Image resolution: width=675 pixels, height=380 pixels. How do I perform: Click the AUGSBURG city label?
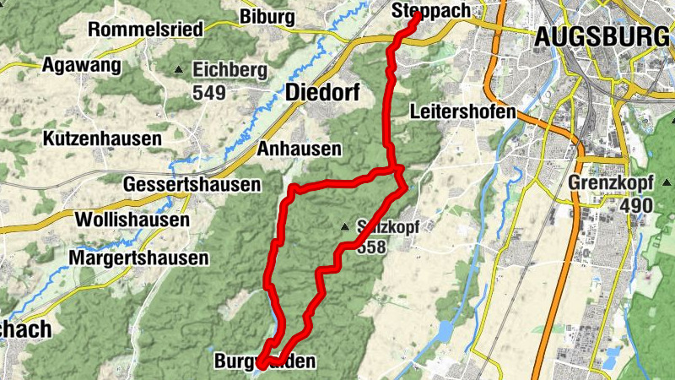(x=600, y=37)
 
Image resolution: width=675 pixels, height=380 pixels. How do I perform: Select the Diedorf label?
(x=316, y=92)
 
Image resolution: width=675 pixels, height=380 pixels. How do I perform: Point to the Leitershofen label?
(x=462, y=111)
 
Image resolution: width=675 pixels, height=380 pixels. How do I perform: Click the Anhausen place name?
(x=300, y=149)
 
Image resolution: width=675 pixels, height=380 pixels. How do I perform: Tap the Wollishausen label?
(x=132, y=220)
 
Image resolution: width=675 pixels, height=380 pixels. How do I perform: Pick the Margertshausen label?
(x=138, y=258)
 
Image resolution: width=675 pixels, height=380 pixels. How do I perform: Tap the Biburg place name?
(x=267, y=17)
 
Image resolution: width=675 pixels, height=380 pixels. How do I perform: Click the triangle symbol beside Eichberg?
(x=178, y=69)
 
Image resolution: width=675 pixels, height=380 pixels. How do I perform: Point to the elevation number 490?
(x=637, y=205)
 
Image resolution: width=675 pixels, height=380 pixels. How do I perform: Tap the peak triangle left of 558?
(x=344, y=226)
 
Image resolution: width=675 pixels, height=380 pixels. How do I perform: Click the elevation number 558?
(x=372, y=247)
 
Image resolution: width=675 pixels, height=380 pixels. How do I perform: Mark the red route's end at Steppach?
(x=417, y=14)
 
